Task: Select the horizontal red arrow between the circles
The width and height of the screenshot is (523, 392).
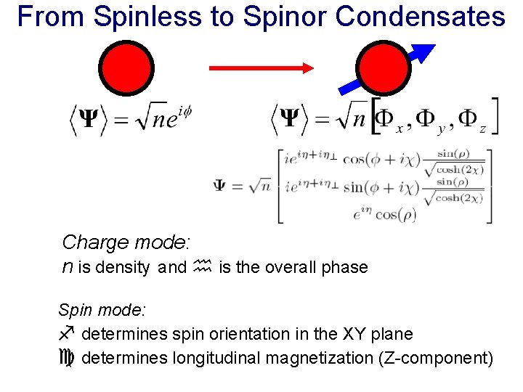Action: [x=261, y=68]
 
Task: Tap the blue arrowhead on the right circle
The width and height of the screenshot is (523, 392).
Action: [x=422, y=54]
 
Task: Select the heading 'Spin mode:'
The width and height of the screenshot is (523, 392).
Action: [x=102, y=310]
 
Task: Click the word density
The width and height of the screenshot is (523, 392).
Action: [x=121, y=267]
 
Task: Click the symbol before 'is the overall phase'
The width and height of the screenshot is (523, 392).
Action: [x=201, y=266]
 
